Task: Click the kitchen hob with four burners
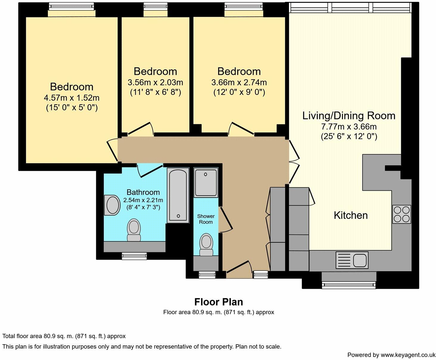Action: (x=402, y=214)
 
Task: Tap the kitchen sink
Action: (x=352, y=260)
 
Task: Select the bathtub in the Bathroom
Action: (x=178, y=195)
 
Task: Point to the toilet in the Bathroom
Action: (x=134, y=230)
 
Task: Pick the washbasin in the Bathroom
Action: (x=112, y=205)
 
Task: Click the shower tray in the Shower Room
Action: (x=206, y=183)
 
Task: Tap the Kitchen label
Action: (x=351, y=215)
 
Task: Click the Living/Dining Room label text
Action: (x=349, y=116)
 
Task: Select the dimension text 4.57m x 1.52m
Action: (x=71, y=98)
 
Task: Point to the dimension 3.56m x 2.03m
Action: (x=155, y=83)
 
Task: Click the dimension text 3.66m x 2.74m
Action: (x=239, y=83)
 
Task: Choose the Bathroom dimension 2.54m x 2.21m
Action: (x=143, y=200)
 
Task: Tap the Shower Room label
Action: (x=206, y=219)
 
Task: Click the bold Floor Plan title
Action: (x=219, y=302)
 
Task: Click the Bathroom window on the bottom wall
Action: (x=134, y=256)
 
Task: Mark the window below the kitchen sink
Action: (x=349, y=285)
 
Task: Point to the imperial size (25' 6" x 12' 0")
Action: (x=349, y=136)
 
